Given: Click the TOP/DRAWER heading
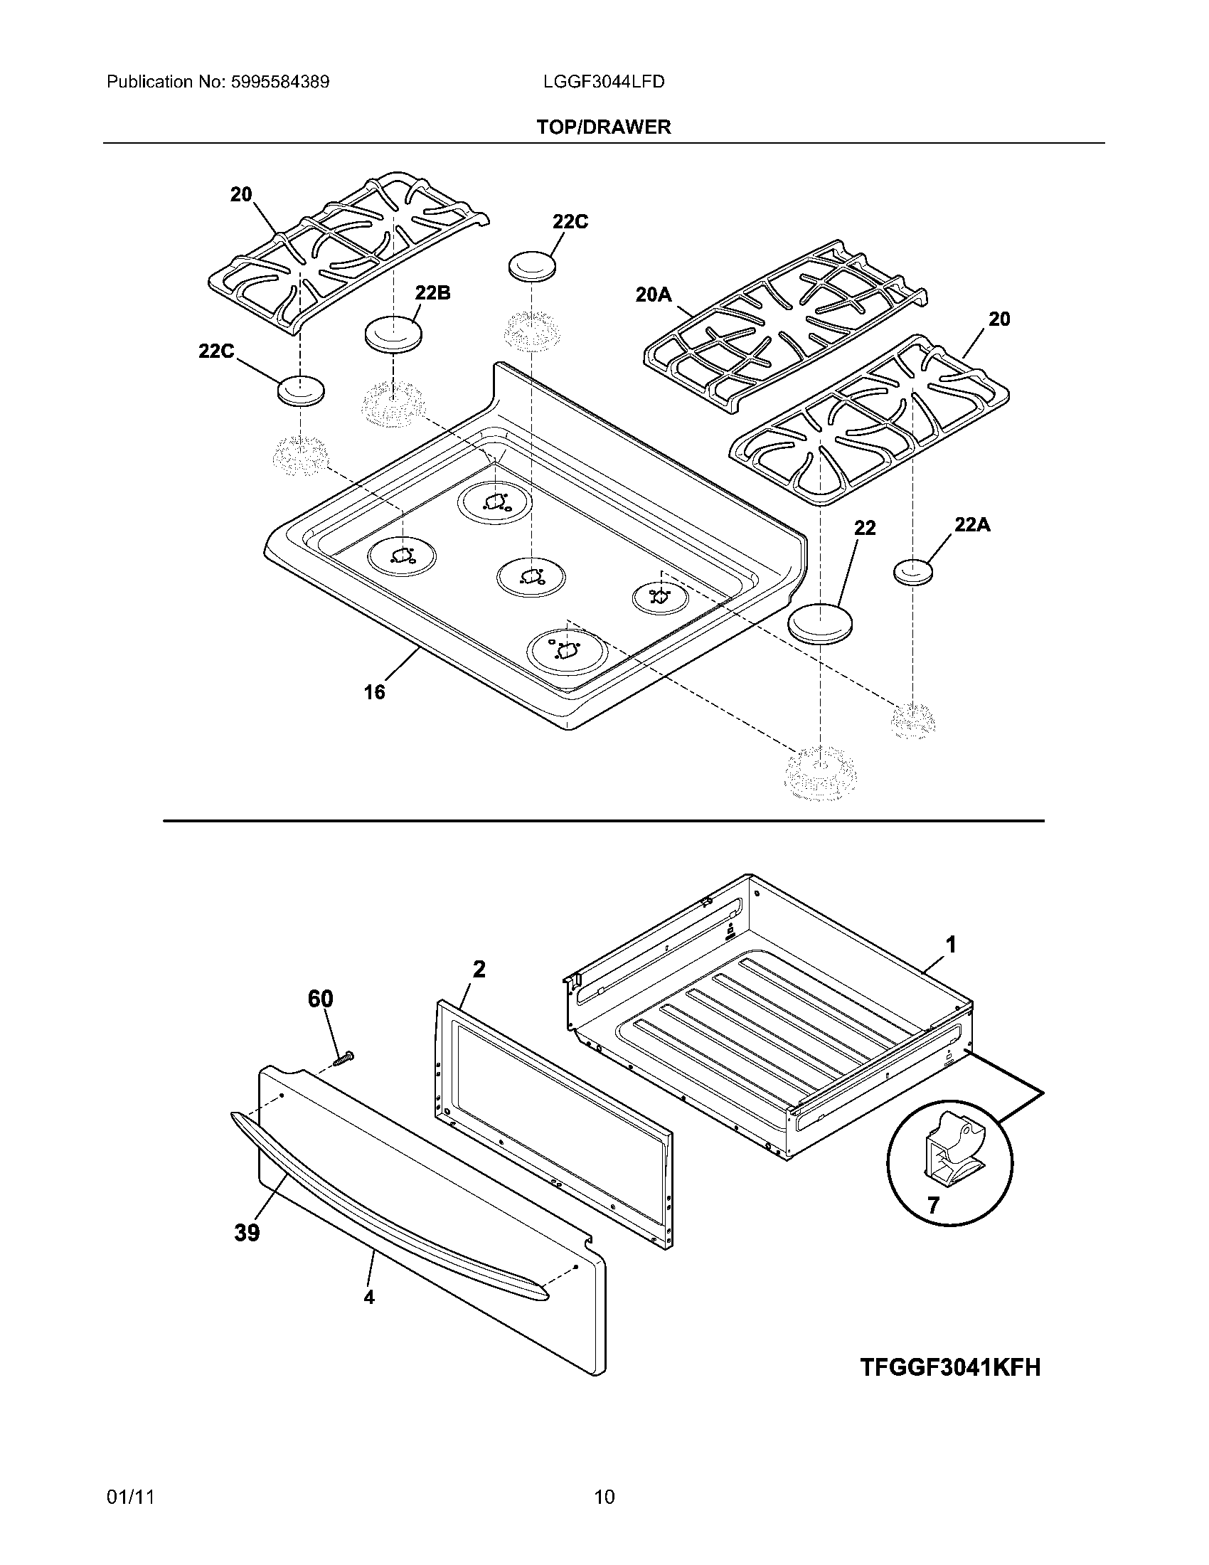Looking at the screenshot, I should pyautogui.click(x=604, y=127).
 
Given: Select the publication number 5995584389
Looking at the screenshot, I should pyautogui.click(x=279, y=82).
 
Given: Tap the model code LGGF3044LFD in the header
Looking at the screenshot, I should pyautogui.click(x=604, y=82).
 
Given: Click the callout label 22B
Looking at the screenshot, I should pyautogui.click(x=432, y=293).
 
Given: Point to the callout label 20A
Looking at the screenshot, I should pyautogui.click(x=653, y=294).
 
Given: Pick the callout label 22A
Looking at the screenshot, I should pyautogui.click(x=972, y=525).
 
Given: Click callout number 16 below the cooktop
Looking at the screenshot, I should pyautogui.click(x=374, y=692).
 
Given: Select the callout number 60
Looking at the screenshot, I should pyautogui.click(x=320, y=999).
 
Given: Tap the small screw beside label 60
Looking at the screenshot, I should pyautogui.click(x=344, y=1057).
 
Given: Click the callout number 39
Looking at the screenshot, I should pyautogui.click(x=246, y=1233).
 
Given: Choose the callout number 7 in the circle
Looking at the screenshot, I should pyautogui.click(x=932, y=1205).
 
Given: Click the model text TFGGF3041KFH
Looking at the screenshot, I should pyautogui.click(x=949, y=1367).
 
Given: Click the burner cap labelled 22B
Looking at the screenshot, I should pyautogui.click(x=393, y=334).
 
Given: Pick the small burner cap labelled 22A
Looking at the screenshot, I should pyautogui.click(x=914, y=572).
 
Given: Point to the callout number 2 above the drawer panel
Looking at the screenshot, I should pyautogui.click(x=479, y=970).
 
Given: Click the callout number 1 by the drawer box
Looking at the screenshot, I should pyautogui.click(x=950, y=945).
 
